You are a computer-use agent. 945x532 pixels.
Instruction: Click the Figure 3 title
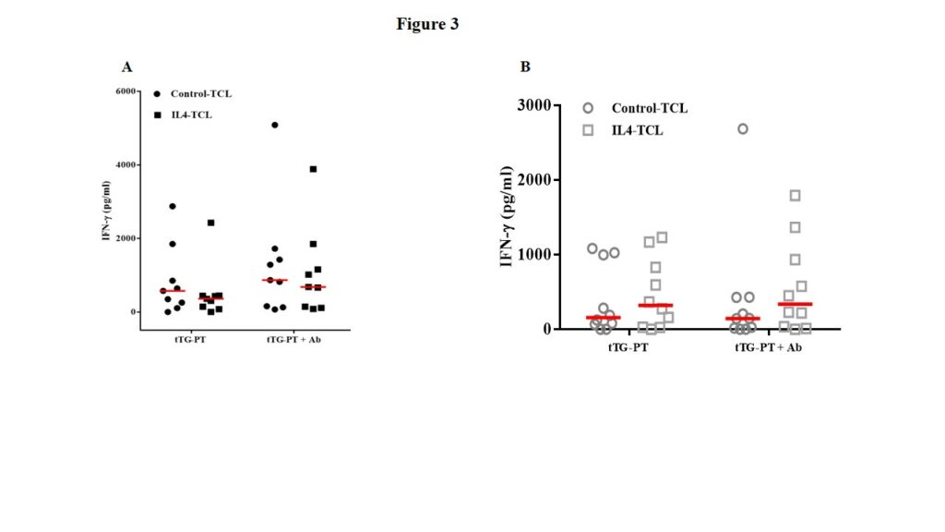coord(427,24)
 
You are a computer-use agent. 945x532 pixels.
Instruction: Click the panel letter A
coord(126,66)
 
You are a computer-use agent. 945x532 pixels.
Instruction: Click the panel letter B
coord(525,66)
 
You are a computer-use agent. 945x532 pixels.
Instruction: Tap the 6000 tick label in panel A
coord(126,91)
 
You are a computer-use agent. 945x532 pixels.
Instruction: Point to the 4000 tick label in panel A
coord(126,164)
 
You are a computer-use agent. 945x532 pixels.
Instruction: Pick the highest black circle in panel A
coord(275,125)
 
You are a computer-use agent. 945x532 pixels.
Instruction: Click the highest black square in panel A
coord(313,169)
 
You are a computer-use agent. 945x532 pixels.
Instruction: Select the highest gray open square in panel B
coord(795,195)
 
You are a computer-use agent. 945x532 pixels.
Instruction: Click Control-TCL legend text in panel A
coord(200,94)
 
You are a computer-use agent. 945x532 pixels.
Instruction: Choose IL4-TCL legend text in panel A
coord(191,115)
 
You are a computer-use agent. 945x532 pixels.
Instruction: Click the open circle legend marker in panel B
coord(588,108)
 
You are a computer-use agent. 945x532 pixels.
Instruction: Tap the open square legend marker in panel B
coord(588,130)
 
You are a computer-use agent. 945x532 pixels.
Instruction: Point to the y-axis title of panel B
coord(507,216)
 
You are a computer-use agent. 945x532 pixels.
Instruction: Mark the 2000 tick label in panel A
coord(126,238)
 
